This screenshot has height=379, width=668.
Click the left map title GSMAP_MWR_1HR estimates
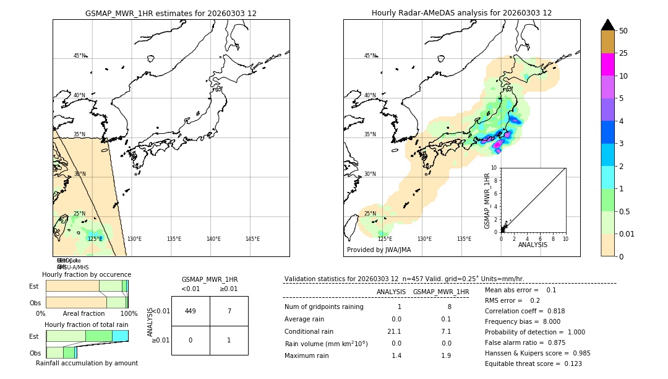coord(171,13)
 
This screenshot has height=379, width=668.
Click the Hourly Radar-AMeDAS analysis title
coord(461,13)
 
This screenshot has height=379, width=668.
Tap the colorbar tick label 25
coord(624,53)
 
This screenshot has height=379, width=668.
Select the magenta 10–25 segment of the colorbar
coord(607,64)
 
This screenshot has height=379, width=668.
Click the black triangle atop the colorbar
coord(607,25)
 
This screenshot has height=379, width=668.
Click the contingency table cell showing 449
coord(191,311)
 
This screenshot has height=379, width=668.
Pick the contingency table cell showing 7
coord(229,311)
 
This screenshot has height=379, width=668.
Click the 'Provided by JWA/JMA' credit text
coord(379,250)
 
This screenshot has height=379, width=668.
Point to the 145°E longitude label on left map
coord(252,239)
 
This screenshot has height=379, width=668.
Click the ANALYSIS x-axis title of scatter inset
coord(533,245)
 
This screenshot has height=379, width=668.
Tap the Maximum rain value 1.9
coord(445,355)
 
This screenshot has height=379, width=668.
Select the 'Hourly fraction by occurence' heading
coord(87,274)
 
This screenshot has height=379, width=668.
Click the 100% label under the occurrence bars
coord(129,314)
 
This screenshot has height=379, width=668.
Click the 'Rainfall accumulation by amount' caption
coord(87,363)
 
